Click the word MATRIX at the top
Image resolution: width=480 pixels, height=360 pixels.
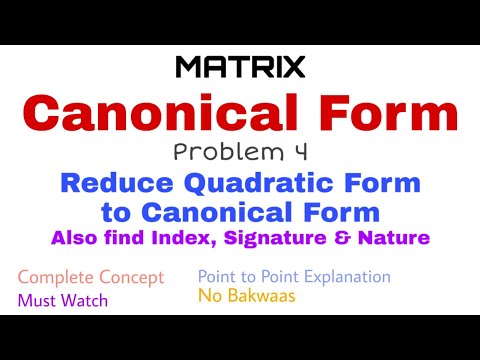240,67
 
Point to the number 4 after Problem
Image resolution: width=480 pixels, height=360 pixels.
298,152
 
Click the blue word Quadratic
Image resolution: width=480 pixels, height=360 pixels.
258,183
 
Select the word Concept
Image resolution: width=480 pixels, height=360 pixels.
132,277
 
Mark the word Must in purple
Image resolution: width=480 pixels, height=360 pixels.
35,299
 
